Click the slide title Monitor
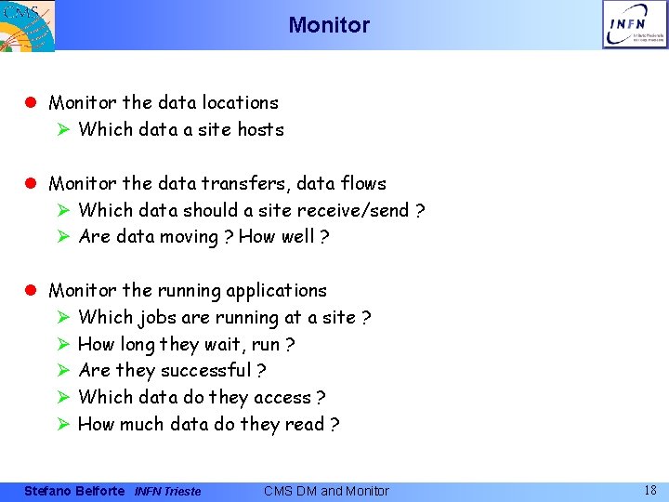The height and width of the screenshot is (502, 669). click(329, 25)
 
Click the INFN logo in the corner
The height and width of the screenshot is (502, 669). click(635, 24)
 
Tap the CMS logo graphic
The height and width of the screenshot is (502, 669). click(28, 24)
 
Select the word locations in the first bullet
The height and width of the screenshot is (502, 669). click(237, 102)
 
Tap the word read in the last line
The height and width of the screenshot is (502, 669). click(305, 424)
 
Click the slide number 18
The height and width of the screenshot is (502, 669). click(650, 489)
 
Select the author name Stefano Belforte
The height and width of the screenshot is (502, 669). click(73, 491)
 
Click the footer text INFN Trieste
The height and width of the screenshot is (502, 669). click(167, 491)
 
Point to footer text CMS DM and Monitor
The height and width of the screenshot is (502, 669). click(326, 491)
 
